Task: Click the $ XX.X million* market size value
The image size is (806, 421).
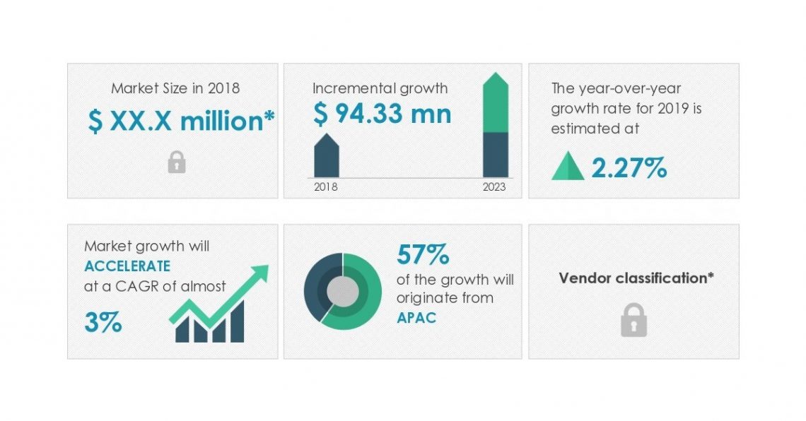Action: coord(181,121)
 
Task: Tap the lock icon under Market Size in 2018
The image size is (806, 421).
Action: coord(177,163)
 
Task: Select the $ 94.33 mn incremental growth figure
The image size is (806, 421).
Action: coord(382,113)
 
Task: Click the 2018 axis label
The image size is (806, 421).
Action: coord(326,187)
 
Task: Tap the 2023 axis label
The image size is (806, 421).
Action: coord(495,187)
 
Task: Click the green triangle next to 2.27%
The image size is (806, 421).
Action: coord(568,168)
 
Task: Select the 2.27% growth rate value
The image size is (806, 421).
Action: coord(629,167)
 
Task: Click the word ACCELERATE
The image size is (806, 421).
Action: coord(127,266)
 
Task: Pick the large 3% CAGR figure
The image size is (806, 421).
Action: coord(103,322)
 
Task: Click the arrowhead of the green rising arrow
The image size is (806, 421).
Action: coord(259,273)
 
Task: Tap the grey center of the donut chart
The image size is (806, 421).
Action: coord(343,291)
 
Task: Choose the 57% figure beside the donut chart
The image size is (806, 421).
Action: coord(424,254)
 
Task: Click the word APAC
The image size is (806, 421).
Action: coord(416,317)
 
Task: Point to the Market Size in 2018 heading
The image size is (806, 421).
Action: coord(175,88)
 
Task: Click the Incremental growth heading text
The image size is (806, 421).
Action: coord(380,88)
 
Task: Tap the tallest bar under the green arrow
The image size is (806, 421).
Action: coord(237,322)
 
